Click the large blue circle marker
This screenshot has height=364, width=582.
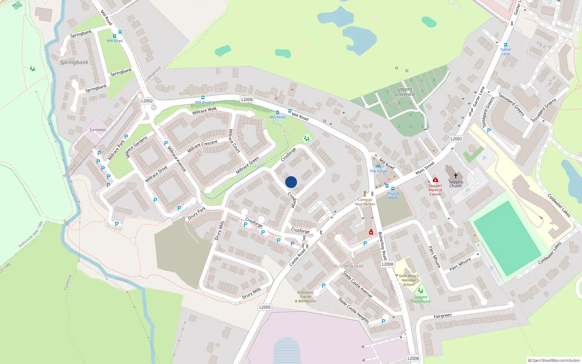click(291, 182)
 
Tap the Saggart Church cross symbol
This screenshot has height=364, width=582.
click(455, 176)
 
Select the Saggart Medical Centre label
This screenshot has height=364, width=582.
click(435, 190)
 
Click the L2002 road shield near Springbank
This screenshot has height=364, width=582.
click(147, 101)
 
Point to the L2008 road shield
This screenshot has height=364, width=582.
click(247, 99)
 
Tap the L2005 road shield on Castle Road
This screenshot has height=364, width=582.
click(265, 307)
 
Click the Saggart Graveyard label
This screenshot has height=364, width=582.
click(404, 92)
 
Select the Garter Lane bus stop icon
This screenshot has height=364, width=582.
click(505, 45)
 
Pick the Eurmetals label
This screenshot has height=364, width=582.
click(97, 130)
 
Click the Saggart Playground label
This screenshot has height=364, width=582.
click(420, 299)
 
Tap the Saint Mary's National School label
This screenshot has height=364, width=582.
click(408, 280)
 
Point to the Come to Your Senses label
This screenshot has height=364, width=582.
click(365, 202)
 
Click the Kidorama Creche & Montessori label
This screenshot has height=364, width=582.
click(306, 297)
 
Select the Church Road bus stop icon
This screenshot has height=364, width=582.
click(393, 189)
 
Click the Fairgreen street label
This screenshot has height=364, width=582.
click(443, 316)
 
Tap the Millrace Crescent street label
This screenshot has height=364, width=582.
click(202, 146)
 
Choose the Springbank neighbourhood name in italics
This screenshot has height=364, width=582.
click(74, 62)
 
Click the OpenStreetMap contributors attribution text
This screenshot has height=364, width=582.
click(554, 360)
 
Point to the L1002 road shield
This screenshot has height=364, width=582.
click(456, 139)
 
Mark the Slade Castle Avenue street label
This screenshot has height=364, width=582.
click(358, 284)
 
